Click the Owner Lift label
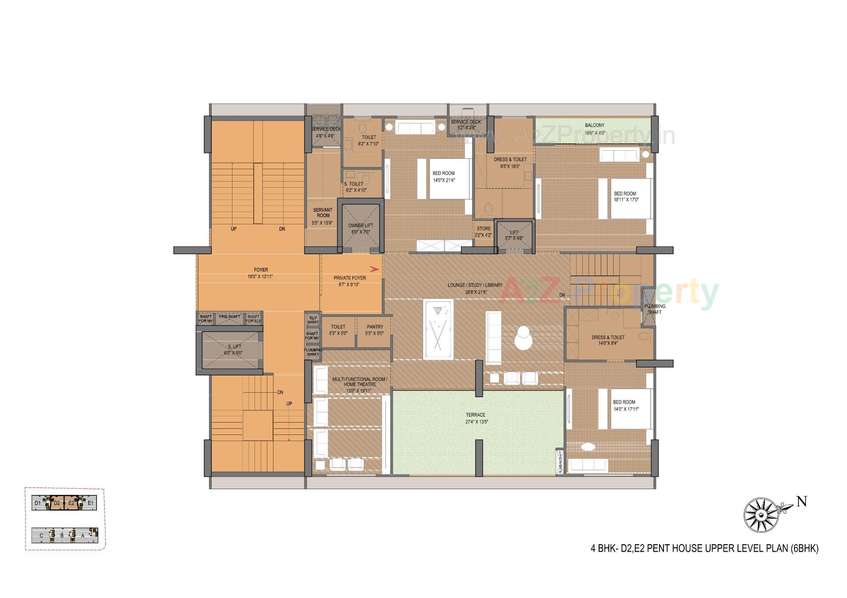pos(360,226)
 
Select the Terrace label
pos(475,415)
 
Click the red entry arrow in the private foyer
pos(375,269)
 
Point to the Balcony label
pos(594,126)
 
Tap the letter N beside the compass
pos(802,502)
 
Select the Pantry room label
pos(375,327)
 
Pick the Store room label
pos(483,229)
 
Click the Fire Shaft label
pos(229,317)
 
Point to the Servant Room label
pos(323,213)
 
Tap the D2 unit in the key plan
pos(57,503)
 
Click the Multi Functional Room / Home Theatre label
pos(360,382)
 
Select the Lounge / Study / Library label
pos(475,285)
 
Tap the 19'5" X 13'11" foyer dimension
pos(261,277)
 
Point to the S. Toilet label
pos(354,184)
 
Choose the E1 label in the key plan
pos(90,503)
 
